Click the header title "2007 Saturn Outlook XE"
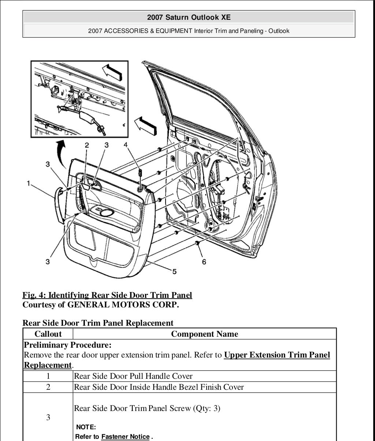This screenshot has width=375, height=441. (x=189, y=17)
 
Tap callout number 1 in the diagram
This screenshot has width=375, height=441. (x=28, y=183)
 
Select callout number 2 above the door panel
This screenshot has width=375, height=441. (x=87, y=145)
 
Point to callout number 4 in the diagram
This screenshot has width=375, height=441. (x=126, y=145)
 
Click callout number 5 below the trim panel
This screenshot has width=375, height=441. (x=174, y=271)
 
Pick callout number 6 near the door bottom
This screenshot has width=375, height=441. (x=204, y=262)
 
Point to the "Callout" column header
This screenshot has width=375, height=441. (x=48, y=334)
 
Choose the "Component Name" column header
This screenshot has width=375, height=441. (x=204, y=334)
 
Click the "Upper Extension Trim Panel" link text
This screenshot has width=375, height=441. (x=277, y=355)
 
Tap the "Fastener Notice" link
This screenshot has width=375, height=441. (x=125, y=437)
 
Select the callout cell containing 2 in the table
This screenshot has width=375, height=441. (x=48, y=387)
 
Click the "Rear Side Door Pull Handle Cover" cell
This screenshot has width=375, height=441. (x=133, y=376)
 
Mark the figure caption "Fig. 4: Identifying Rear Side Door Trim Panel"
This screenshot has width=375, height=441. (x=107, y=295)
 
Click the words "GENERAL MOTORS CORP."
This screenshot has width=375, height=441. (x=123, y=304)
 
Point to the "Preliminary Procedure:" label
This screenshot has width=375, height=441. (x=68, y=345)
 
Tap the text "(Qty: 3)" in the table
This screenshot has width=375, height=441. (x=207, y=408)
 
